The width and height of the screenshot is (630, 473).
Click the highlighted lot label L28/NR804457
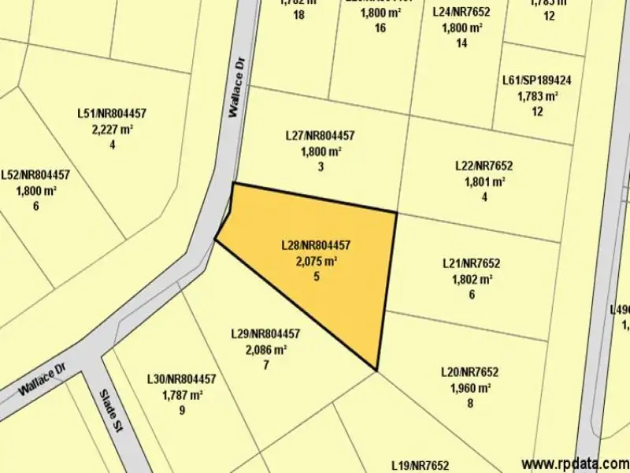pos(315,245)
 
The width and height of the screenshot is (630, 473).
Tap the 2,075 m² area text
pos(317,261)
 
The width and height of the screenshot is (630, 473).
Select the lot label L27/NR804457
pos(320,136)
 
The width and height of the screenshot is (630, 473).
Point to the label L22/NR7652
pos(484,166)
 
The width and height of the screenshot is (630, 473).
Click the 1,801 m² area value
pos(484,181)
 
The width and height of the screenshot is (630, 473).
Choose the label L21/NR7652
pos(471,263)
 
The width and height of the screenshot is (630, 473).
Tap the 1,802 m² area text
pos(472,279)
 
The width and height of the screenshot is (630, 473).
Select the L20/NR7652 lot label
pos(469,372)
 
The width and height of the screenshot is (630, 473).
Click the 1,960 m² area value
pos(470,388)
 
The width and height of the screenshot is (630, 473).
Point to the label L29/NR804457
pos(265,333)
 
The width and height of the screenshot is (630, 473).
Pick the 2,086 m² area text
pos(266,349)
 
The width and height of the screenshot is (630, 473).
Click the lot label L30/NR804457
pos(181,379)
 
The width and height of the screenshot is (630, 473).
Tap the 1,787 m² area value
pos(182,395)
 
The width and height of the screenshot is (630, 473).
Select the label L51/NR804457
pos(112,114)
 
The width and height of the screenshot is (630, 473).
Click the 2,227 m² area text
pos(113,129)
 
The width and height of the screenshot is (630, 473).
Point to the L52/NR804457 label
pos(35,175)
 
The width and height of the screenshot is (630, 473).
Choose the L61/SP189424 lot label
pos(536,80)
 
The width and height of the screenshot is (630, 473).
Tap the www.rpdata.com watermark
pos(574,464)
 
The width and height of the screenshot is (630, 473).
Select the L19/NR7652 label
pos(419,466)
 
